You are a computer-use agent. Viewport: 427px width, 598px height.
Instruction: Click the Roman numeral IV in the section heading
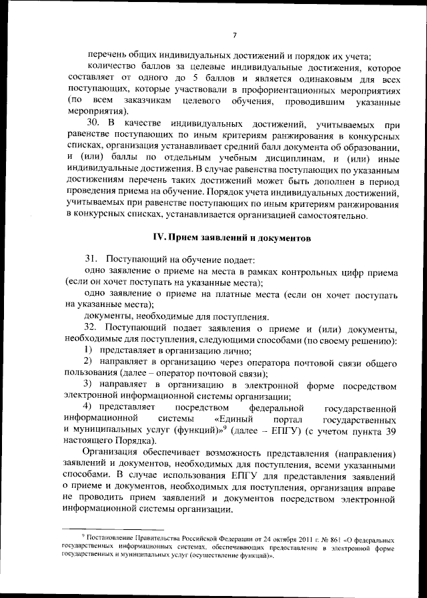point(159,237)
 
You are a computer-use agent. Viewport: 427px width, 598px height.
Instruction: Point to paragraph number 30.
point(93,124)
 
